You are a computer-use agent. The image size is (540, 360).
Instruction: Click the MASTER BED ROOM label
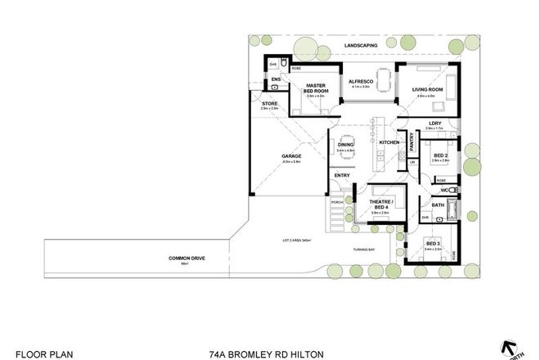click(x=316, y=88)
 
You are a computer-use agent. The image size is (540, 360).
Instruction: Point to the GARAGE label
click(x=292, y=155)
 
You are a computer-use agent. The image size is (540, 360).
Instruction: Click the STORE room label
click(x=270, y=104)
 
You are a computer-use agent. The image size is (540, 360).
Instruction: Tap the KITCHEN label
click(x=389, y=144)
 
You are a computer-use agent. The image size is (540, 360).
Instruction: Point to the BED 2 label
click(x=440, y=155)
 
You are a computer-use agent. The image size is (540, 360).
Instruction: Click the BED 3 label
click(x=433, y=244)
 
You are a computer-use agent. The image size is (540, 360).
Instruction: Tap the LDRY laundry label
click(x=434, y=124)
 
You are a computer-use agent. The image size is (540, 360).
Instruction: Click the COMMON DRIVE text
click(x=185, y=259)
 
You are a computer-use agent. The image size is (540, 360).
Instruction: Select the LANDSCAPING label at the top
click(x=359, y=46)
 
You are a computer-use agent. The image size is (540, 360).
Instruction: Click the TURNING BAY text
click(x=365, y=249)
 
